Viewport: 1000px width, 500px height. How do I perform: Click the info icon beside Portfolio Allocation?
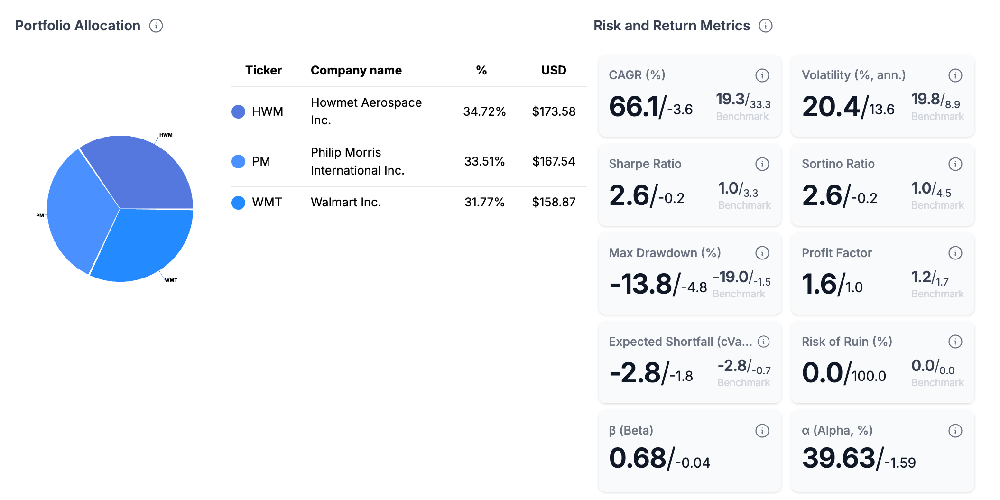click(156, 26)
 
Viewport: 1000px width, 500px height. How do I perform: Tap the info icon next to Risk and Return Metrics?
click(765, 26)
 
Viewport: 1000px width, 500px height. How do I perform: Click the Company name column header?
click(356, 70)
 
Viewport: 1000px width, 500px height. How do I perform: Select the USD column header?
click(553, 70)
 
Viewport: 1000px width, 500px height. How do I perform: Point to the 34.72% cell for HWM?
click(484, 111)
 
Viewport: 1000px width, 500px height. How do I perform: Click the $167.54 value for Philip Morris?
click(553, 161)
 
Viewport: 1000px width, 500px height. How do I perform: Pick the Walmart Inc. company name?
click(345, 202)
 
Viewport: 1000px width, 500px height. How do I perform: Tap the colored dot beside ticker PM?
click(238, 161)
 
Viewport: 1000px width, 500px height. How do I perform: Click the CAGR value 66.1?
click(634, 107)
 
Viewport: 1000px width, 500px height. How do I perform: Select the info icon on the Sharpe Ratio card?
click(762, 164)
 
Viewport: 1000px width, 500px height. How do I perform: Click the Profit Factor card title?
click(836, 253)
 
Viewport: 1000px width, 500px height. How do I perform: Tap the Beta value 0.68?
click(638, 458)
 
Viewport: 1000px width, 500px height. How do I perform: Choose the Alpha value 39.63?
click(838, 458)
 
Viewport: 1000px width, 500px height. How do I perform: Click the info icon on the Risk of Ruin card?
click(955, 342)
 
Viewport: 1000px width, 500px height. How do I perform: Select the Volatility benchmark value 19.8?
click(925, 99)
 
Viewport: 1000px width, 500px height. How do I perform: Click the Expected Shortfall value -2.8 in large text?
click(635, 373)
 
